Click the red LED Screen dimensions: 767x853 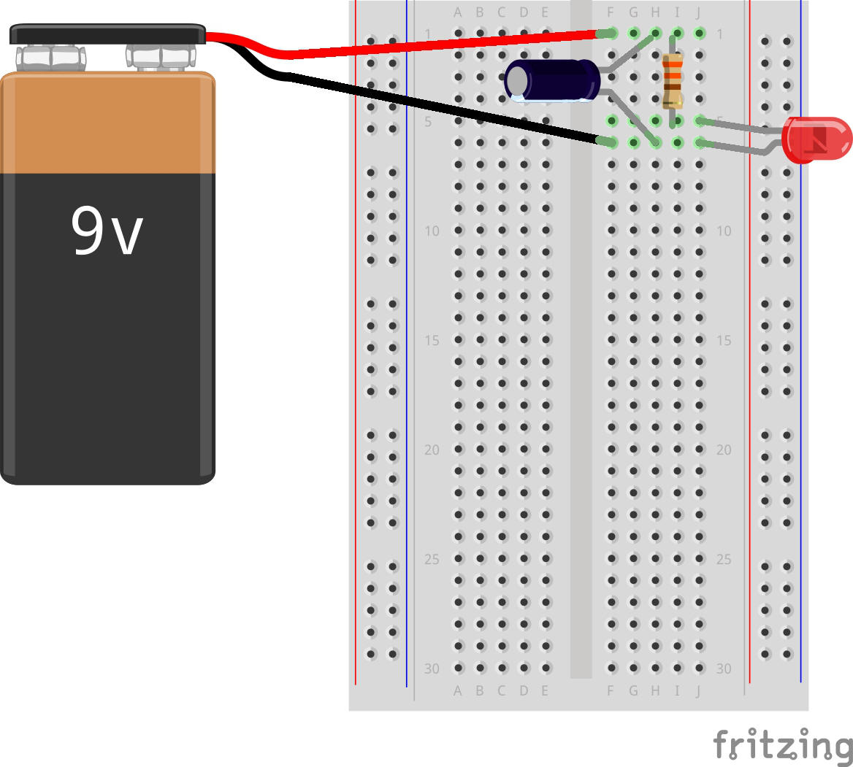click(815, 139)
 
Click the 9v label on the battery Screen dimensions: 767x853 click(107, 231)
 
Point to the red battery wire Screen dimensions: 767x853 click(438, 44)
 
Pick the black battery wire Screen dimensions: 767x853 click(438, 107)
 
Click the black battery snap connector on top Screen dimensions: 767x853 click(107, 34)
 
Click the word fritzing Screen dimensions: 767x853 click(782, 745)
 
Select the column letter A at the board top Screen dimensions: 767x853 click(458, 12)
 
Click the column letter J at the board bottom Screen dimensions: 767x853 click(699, 690)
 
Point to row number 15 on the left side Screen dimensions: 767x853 click(432, 341)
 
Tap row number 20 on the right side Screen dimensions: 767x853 click(723, 450)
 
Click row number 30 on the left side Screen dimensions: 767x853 click(432, 669)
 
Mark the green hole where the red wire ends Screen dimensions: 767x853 click(611, 33)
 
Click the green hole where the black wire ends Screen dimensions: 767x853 click(611, 142)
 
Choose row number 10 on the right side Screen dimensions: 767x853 click(723, 231)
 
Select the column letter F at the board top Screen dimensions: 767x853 click(611, 12)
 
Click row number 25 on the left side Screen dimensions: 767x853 click(432, 560)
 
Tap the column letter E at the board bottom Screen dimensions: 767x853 click(546, 690)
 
